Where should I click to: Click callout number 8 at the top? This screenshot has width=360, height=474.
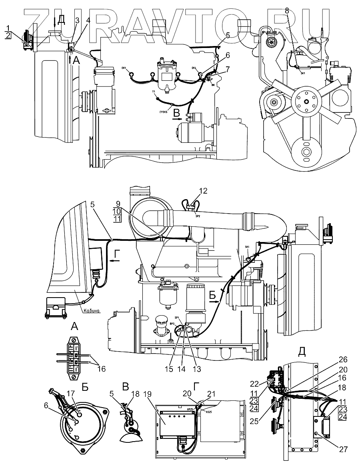coord(287,11)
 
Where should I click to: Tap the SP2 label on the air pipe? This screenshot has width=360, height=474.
coord(198,216)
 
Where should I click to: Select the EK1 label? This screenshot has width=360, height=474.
coord(124,68)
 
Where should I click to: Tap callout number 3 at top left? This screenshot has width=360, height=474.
coord(77,20)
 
